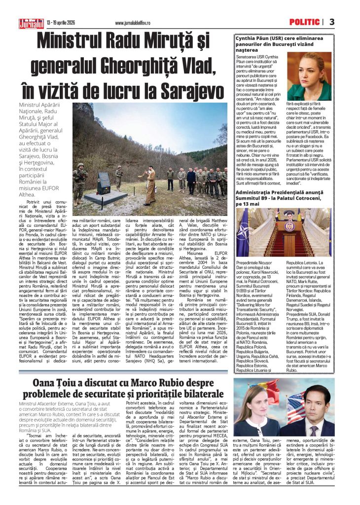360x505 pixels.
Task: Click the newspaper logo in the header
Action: click(x=31, y=23)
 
